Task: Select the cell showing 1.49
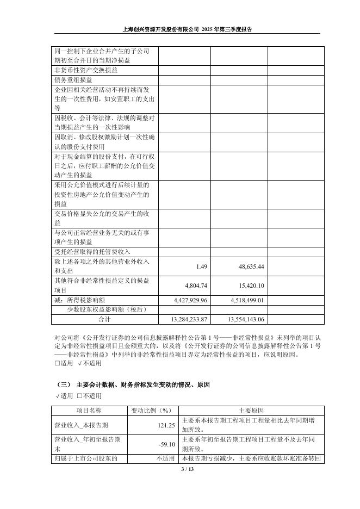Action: (x=202, y=266)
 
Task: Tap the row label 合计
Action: (x=104, y=319)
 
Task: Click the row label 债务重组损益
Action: (x=73, y=79)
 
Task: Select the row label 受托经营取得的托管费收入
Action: (x=92, y=252)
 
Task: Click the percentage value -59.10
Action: (x=166, y=444)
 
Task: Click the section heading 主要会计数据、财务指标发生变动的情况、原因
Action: (x=144, y=384)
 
